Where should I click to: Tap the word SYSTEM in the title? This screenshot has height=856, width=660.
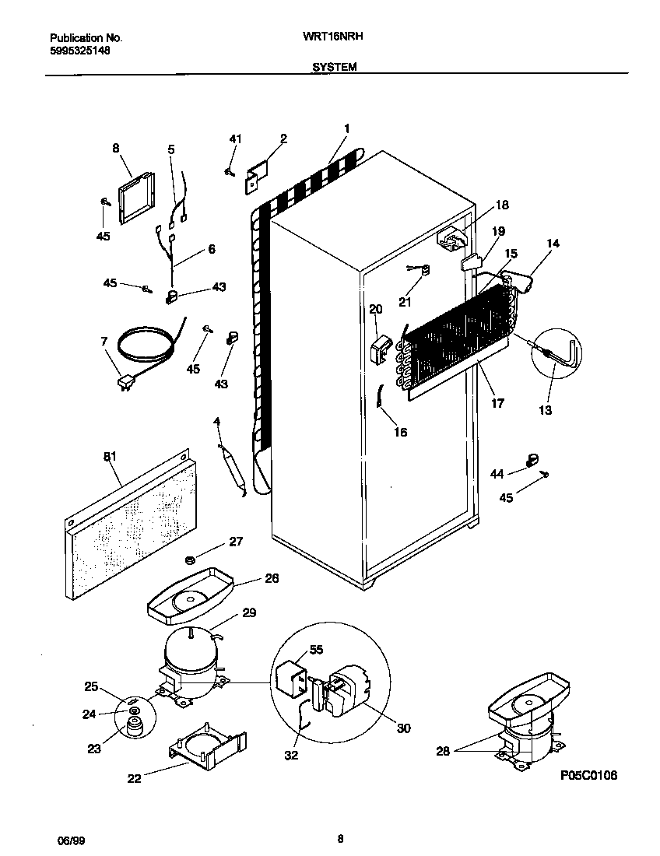click(335, 68)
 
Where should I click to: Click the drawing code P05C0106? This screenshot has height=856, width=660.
click(588, 776)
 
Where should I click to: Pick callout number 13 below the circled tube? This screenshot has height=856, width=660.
click(545, 410)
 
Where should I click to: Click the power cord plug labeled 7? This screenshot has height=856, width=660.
click(123, 384)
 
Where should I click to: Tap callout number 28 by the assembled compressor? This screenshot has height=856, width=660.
click(443, 751)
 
